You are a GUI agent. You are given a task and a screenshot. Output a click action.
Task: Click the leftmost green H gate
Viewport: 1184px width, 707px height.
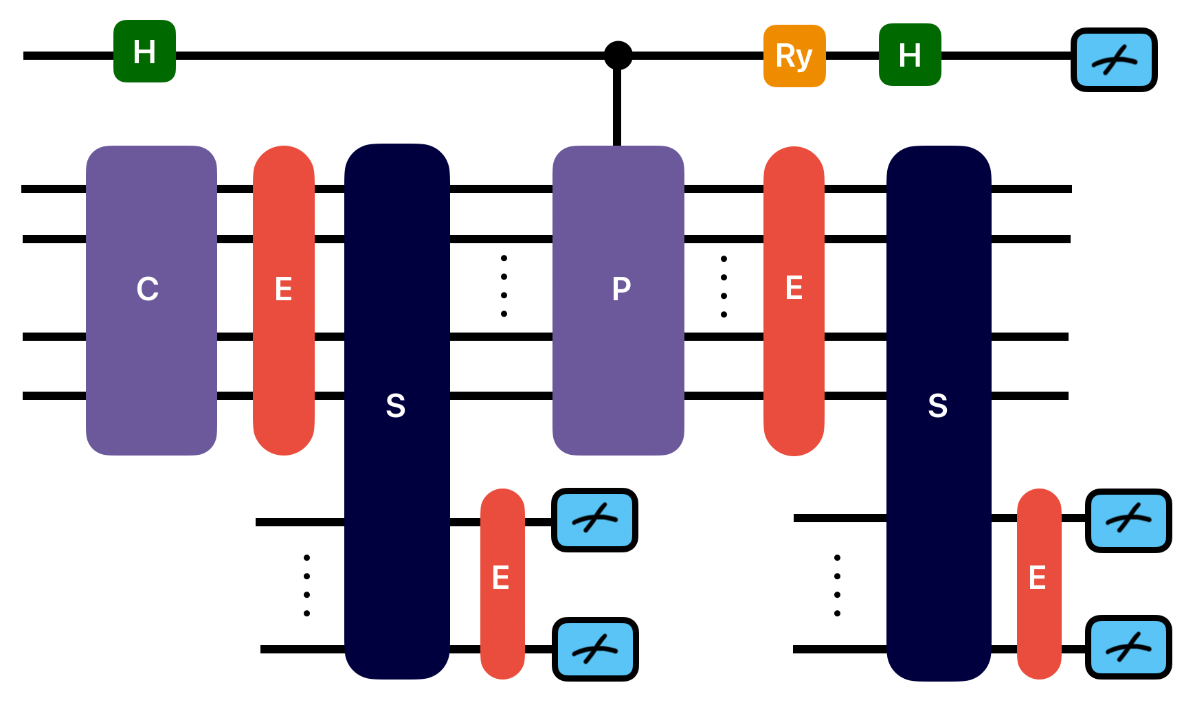144,52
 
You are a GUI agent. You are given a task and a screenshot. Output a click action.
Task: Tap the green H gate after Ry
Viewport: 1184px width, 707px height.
910,55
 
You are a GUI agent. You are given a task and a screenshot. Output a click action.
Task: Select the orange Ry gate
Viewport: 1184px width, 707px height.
794,56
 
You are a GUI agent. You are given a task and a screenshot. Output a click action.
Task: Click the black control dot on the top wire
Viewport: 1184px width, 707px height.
618,56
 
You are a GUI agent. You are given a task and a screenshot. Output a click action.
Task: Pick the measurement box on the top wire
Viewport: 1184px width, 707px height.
1114,60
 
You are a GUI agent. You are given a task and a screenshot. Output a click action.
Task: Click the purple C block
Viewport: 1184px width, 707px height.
151,300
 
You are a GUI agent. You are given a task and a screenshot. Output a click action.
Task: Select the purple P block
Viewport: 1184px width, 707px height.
618,300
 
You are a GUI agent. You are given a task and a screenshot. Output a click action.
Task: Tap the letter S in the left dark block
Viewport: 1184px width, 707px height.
396,406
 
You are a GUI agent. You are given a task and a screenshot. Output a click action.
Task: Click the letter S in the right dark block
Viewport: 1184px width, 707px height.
938,406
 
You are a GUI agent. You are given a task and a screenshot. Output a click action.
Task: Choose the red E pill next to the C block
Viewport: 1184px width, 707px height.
284,300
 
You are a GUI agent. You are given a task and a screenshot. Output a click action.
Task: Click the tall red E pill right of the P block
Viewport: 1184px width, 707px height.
794,300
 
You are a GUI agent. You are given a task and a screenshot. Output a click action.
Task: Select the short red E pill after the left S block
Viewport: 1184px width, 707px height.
502,583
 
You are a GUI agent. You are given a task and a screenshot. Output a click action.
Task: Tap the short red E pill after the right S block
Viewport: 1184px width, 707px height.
1038,583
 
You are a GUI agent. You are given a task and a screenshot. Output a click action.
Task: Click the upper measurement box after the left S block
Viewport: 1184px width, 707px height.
594,520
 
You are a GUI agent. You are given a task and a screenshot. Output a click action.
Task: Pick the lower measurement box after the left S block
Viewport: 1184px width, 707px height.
595,649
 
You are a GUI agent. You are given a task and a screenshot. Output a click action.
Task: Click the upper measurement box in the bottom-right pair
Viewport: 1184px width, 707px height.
1128,520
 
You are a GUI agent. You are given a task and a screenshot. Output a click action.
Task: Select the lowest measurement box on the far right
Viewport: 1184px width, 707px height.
1128,647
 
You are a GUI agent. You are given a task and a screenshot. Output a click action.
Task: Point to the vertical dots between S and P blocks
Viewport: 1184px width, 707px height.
504,286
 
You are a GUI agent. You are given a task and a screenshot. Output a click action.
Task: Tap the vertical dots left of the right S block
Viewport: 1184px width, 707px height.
837,585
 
